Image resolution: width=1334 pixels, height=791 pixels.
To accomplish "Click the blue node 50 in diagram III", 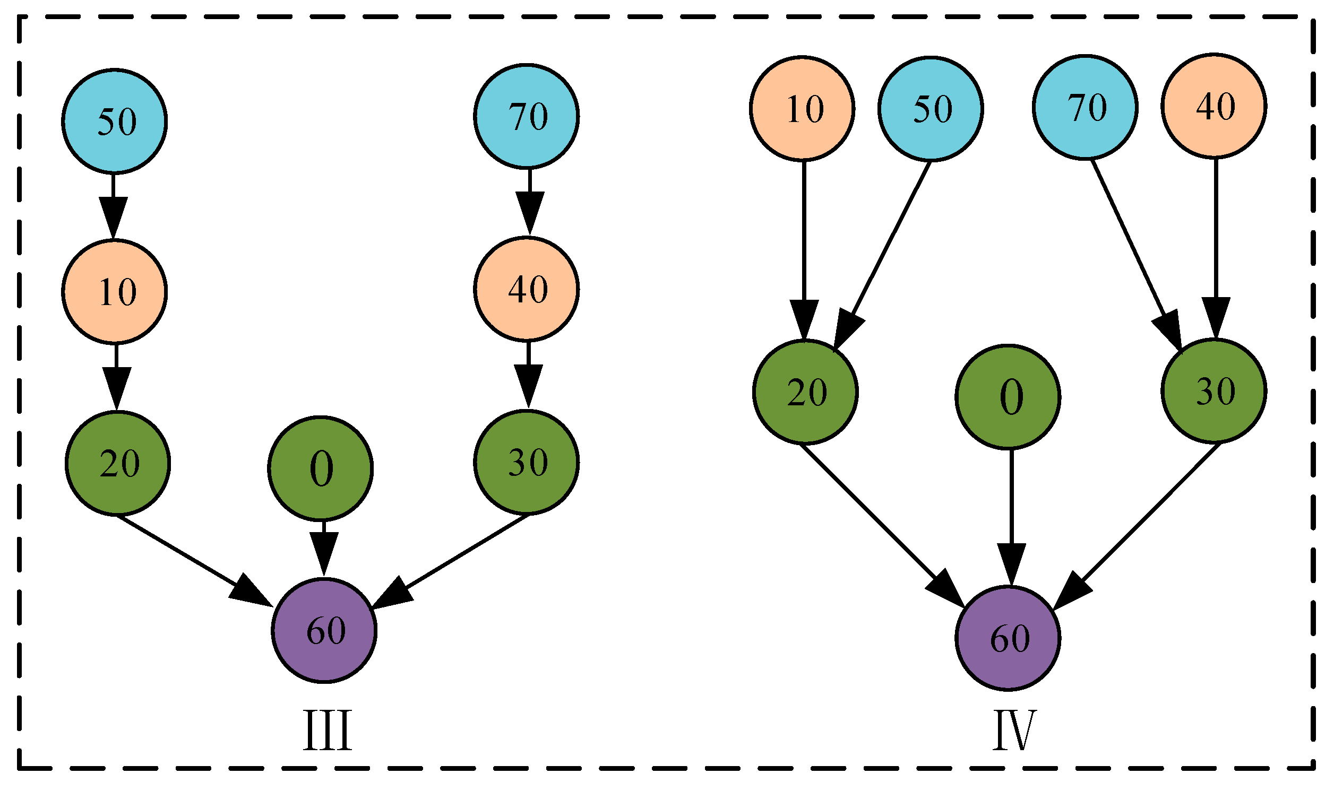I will click(115, 121).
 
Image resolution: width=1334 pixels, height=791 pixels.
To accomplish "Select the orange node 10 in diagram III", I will click(115, 292).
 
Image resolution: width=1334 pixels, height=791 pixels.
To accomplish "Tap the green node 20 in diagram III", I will click(118, 463).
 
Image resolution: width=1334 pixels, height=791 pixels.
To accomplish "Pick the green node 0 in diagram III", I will click(320, 468).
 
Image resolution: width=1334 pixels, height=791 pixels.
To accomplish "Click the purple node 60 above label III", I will click(324, 630).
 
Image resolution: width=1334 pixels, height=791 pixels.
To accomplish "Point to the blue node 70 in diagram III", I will click(527, 116).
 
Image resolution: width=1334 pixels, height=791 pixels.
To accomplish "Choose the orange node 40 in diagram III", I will click(527, 289).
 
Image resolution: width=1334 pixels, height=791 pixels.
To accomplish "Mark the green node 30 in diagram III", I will click(527, 462).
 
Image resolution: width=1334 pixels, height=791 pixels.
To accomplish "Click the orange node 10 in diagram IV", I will click(803, 108).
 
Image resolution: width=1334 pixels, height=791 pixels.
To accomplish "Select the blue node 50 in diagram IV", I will click(931, 109).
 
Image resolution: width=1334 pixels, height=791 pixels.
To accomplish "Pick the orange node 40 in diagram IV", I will click(1215, 106).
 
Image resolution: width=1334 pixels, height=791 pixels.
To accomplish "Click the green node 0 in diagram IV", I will click(1008, 397).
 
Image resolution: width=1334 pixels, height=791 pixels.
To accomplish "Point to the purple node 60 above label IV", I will click(1008, 638).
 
